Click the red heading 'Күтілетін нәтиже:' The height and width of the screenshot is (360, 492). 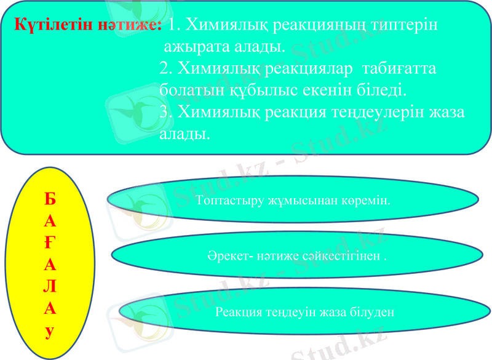tap(88, 25)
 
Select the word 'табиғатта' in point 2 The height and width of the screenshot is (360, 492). tap(400, 68)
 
